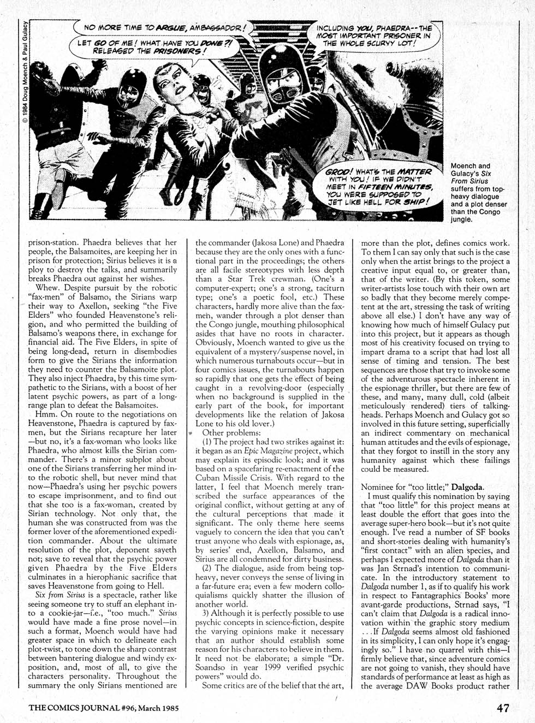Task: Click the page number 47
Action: (x=503, y=708)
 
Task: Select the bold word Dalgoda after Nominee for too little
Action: (x=468, y=487)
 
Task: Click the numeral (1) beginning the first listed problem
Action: (x=209, y=442)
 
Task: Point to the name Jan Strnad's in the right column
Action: (x=382, y=568)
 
